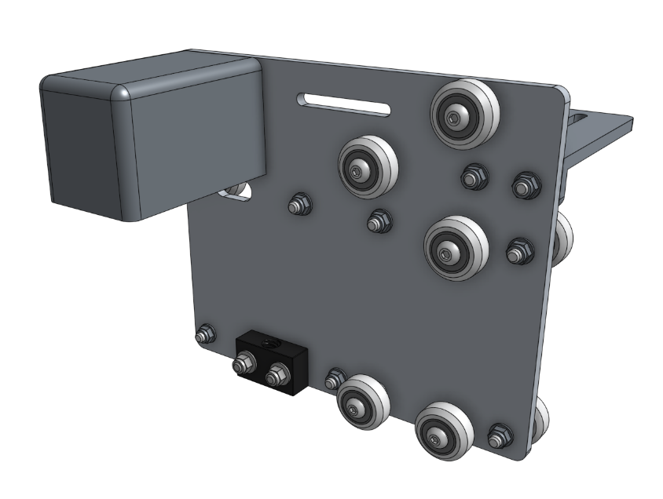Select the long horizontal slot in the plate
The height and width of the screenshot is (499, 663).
(344, 104)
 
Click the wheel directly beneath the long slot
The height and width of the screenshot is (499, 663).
(364, 168)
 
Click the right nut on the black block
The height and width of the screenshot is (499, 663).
(275, 375)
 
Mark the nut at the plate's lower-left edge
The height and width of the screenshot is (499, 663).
(205, 334)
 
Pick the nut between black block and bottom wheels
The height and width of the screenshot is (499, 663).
(335, 378)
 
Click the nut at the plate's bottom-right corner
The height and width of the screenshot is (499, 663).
(499, 435)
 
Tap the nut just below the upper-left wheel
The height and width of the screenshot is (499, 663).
(379, 221)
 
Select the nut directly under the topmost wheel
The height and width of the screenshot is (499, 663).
(473, 177)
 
